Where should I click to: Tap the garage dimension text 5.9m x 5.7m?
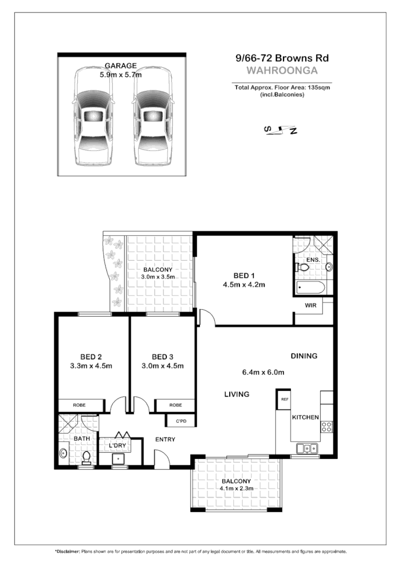(x=121, y=74)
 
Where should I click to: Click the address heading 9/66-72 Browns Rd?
(x=283, y=58)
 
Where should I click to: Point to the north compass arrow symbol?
(x=281, y=131)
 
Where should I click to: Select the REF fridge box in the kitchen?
(x=284, y=399)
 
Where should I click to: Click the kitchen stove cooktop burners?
(x=327, y=426)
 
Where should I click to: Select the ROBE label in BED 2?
(x=79, y=405)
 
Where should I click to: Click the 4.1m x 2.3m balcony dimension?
(x=237, y=489)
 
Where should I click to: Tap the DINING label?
(x=303, y=356)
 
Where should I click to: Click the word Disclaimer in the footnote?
(x=68, y=552)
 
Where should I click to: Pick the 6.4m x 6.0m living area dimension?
(x=263, y=373)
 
